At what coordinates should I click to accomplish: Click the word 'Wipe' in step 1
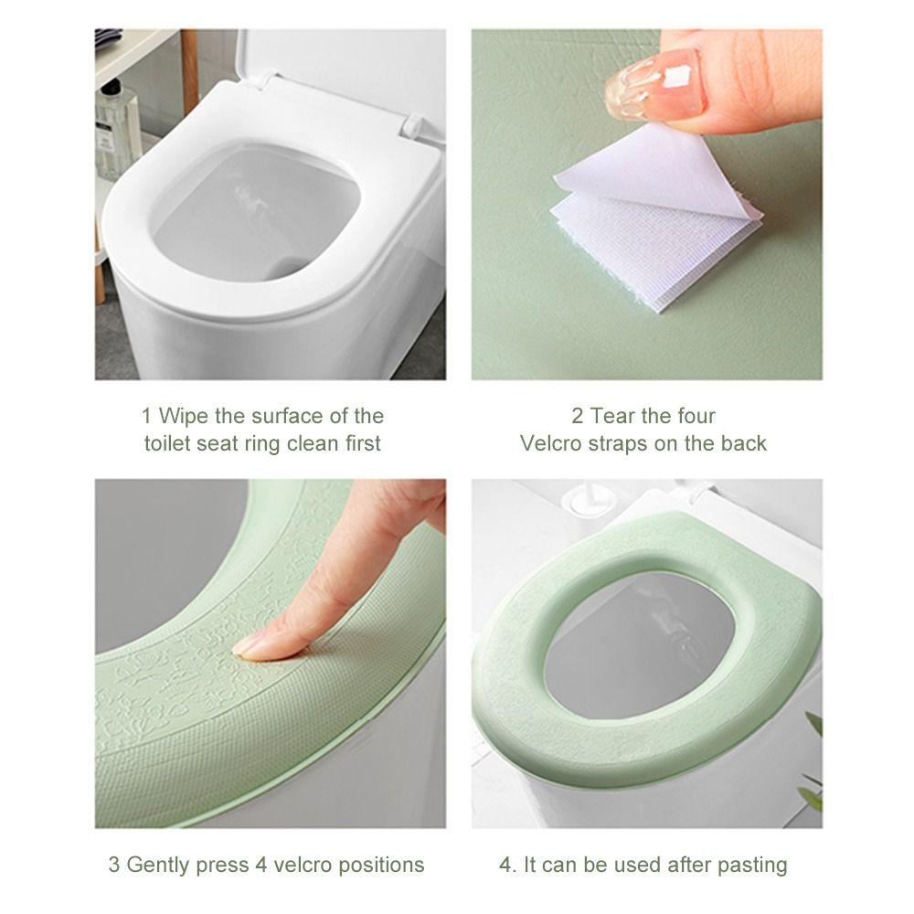click(x=184, y=416)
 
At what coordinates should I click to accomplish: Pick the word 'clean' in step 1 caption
click(x=313, y=443)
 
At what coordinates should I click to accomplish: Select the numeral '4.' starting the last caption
click(x=508, y=865)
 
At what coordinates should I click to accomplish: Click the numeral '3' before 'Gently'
click(x=114, y=865)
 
